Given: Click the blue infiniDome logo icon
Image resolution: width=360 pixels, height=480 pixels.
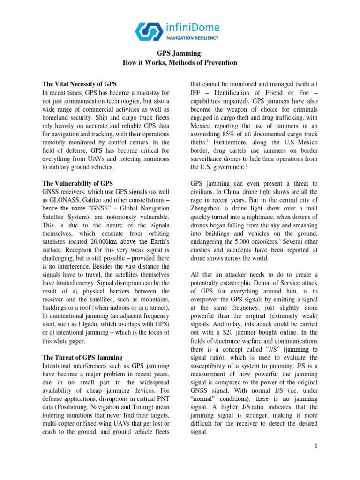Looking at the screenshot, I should (150, 30).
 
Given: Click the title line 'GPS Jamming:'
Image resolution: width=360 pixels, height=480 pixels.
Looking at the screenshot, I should (180, 54).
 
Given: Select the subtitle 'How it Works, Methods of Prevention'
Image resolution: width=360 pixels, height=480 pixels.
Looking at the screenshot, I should (180, 62).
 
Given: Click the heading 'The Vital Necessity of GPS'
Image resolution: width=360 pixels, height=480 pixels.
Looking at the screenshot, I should (79, 84).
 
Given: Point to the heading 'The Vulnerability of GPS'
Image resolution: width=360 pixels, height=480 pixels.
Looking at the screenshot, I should (77, 183).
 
